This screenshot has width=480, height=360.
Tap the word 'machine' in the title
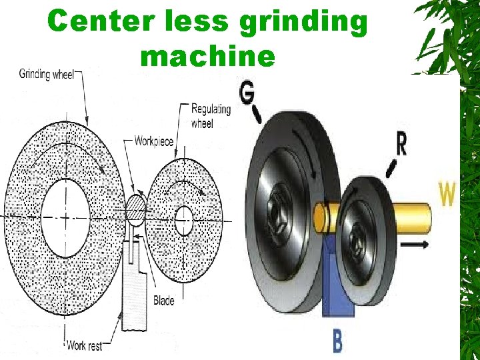click(x=207, y=57)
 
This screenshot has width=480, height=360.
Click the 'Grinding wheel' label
click(x=46, y=74)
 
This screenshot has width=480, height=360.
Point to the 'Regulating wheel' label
click(x=211, y=115)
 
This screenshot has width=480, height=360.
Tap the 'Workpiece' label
click(x=153, y=141)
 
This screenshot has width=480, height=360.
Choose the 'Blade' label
click(x=163, y=301)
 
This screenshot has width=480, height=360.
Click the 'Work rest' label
click(x=85, y=345)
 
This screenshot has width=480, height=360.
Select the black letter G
click(x=247, y=94)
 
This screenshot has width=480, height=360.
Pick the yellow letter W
click(x=447, y=195)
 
